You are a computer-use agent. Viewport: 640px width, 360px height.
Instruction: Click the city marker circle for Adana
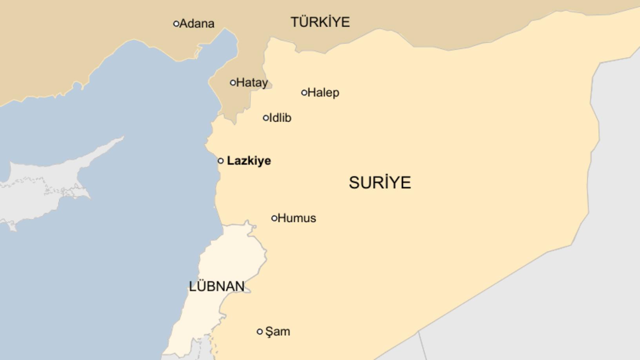coord(176,24)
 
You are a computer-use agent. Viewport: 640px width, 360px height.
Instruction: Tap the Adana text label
coord(197,24)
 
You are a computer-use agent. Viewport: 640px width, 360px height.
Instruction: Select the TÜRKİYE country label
coord(320,22)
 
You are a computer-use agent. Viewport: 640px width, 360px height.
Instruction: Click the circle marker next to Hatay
coord(233,83)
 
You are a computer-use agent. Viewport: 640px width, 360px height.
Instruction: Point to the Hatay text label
coord(252,83)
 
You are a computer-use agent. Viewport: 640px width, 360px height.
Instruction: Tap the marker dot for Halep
coord(304,93)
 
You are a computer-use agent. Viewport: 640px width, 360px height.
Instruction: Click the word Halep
coord(324,93)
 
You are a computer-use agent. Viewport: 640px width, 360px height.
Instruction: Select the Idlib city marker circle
coord(266,118)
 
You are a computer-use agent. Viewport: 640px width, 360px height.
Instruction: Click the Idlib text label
coord(280,118)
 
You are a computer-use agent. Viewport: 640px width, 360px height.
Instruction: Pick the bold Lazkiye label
coord(249,161)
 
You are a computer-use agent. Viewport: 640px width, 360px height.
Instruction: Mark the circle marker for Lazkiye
coord(221,161)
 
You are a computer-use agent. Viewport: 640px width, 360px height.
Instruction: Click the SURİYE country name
coord(380,183)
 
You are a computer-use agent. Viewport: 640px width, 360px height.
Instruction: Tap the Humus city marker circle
coord(275,218)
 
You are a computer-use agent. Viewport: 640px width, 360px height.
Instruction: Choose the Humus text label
coord(297,218)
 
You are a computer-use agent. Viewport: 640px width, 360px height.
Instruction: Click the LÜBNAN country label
coord(216,286)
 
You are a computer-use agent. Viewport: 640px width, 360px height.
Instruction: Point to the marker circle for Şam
coord(260,332)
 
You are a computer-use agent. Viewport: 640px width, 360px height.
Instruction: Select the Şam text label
coord(278,332)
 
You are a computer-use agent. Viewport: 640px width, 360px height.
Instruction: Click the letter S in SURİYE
coord(354,183)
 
